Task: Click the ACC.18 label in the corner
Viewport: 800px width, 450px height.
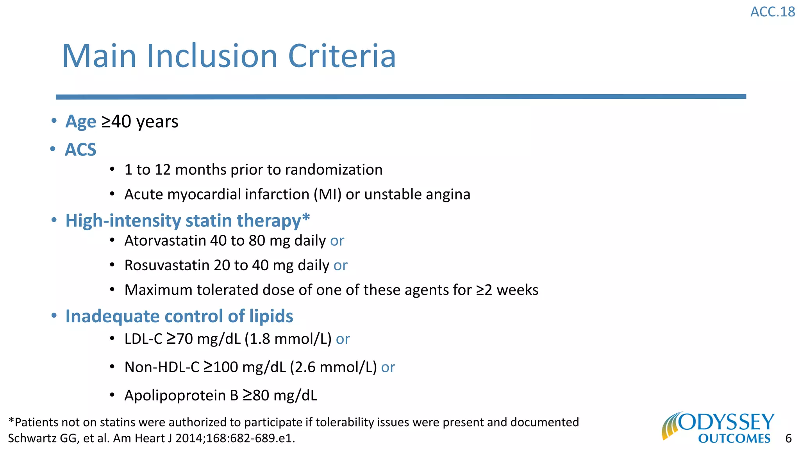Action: tap(772, 12)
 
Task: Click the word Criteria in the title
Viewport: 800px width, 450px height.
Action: tap(342, 56)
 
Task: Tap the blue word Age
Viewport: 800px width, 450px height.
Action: tap(81, 121)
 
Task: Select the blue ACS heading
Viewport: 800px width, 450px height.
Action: tap(80, 150)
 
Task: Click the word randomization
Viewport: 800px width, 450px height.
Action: tap(334, 170)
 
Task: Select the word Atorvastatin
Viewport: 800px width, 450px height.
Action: tap(165, 241)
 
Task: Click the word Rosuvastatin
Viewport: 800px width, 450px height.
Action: tap(167, 265)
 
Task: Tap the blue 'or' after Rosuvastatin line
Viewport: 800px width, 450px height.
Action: tap(340, 266)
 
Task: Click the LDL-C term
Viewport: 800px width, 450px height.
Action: tap(143, 339)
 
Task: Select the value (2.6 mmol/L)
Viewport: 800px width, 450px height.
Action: tap(333, 368)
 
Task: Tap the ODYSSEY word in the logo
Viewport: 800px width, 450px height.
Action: tap(726, 422)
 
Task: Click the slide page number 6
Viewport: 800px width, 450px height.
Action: tap(788, 439)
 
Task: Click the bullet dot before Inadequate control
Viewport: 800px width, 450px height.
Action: tap(54, 316)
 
